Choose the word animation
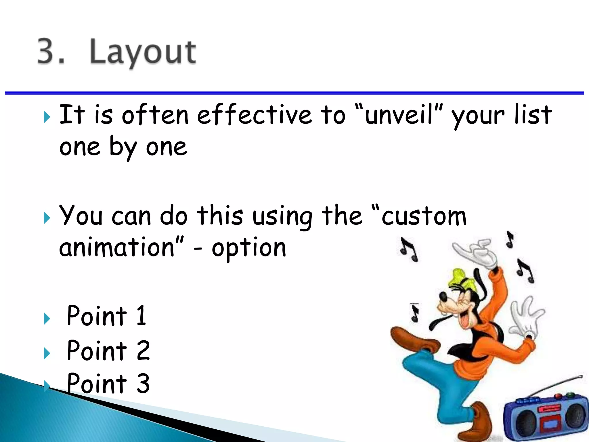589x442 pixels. coord(117,247)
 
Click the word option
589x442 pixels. coord(249,248)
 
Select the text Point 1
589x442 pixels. coord(106,316)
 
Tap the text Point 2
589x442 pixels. coord(108,350)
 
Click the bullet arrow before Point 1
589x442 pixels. coord(47,319)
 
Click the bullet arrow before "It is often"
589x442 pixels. coord(47,117)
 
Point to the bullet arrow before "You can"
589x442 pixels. coord(47,218)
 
